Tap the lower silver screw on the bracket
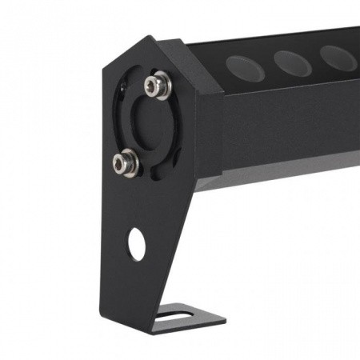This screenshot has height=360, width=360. click(122, 163)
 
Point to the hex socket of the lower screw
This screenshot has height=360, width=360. click(122, 163)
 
